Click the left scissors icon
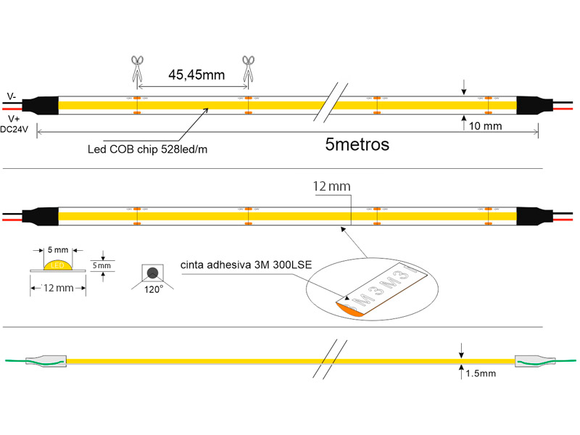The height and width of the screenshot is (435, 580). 138,70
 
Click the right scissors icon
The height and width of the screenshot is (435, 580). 249,70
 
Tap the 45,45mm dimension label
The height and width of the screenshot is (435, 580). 196,74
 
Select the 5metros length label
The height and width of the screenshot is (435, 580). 357,144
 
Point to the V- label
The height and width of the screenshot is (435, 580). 12,96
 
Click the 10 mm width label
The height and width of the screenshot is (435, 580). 486,126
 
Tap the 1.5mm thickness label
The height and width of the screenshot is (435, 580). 481,373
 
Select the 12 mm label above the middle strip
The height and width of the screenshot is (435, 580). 331,187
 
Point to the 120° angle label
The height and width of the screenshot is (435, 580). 152,288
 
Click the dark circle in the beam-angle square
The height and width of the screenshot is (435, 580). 152,273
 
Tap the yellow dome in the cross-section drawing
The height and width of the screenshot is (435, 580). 58,265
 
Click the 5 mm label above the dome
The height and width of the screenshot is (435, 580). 57,250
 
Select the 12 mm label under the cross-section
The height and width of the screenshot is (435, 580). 58,289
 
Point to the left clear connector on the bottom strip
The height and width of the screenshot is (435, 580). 46,360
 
